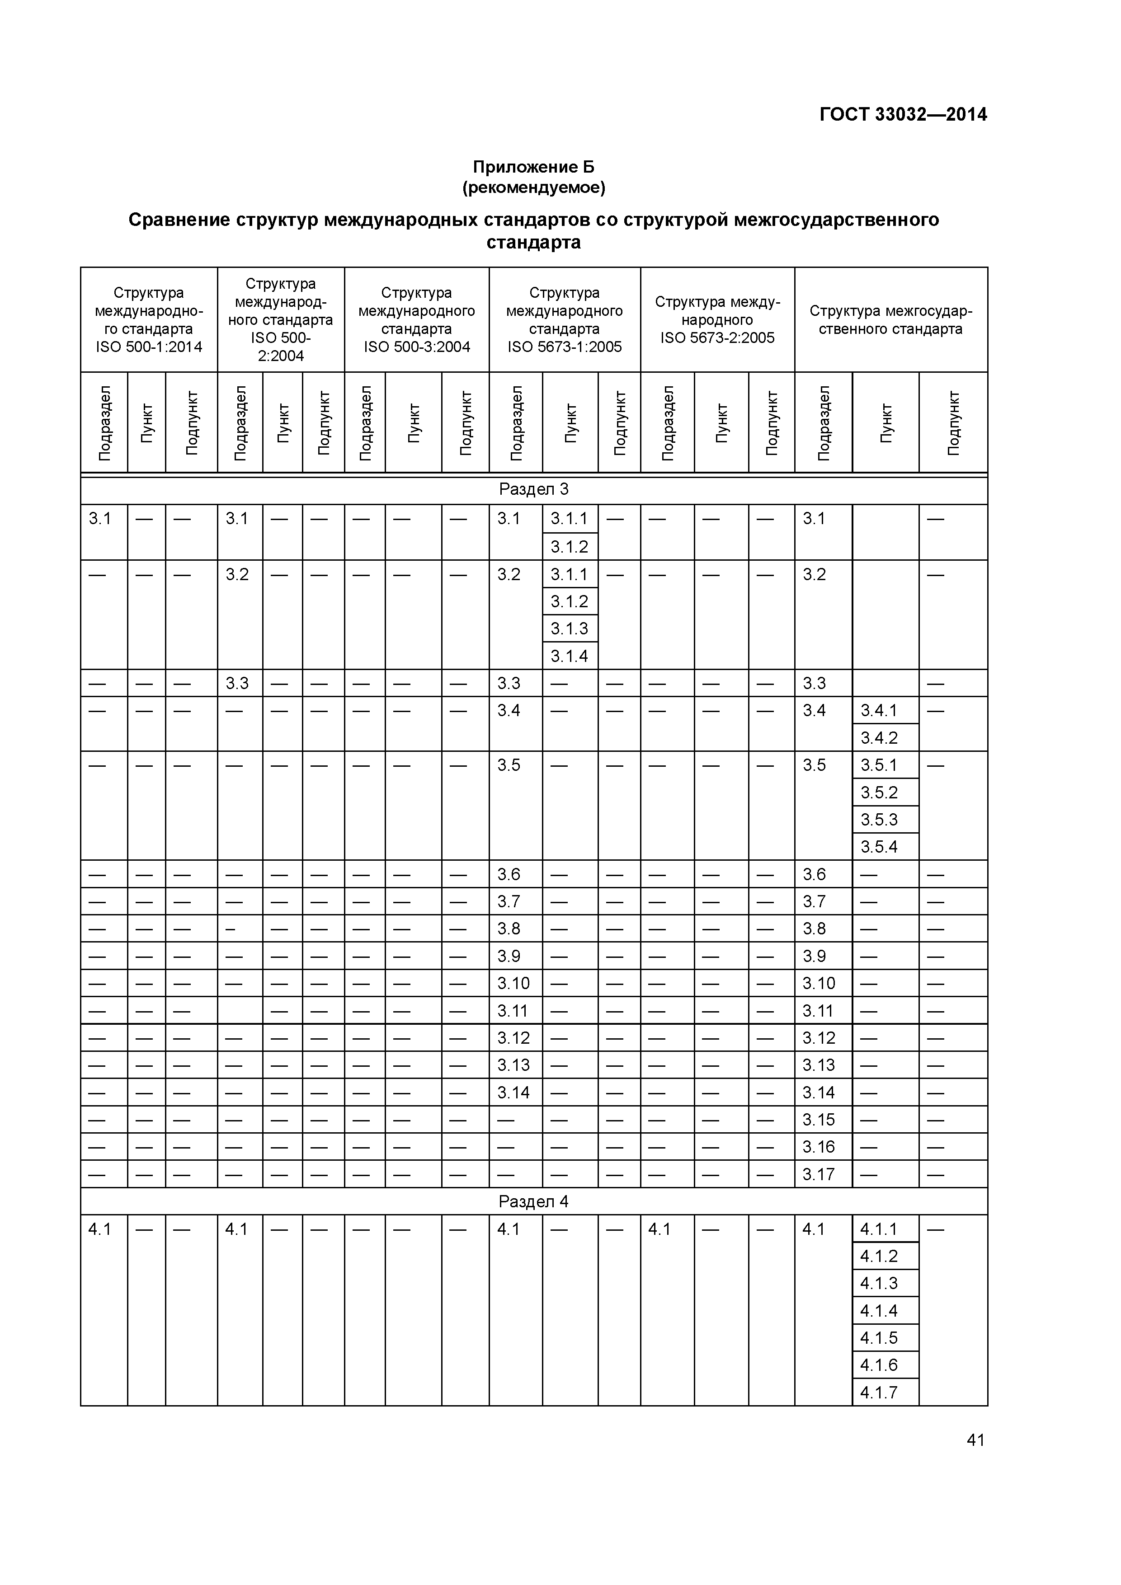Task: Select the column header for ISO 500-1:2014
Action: point(149,319)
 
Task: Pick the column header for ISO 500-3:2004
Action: point(416,319)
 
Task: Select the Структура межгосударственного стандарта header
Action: point(890,319)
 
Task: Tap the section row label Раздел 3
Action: point(533,489)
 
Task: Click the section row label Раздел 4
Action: point(533,1202)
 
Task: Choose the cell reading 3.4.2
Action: point(879,738)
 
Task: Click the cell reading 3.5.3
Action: point(879,820)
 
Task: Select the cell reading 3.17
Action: point(819,1174)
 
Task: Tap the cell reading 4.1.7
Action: point(879,1393)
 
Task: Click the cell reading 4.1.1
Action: point(879,1229)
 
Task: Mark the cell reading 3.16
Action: point(819,1147)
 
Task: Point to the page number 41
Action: point(975,1440)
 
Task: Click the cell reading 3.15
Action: point(819,1120)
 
